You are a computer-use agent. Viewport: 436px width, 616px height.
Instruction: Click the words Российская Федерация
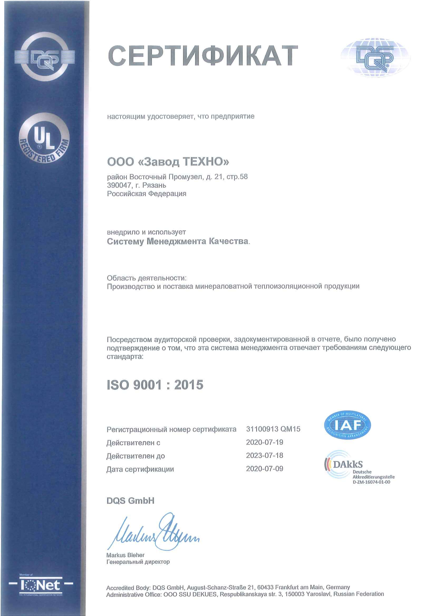tap(147, 194)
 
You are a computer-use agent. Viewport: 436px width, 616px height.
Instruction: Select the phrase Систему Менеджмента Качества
tap(177, 241)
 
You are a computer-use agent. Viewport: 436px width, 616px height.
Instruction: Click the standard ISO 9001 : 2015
tap(155, 385)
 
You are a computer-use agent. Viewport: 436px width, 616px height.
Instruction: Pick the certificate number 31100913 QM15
tap(273, 429)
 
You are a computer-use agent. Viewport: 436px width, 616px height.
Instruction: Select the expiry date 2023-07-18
tap(264, 455)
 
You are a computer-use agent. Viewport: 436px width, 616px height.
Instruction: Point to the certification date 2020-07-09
tap(264, 468)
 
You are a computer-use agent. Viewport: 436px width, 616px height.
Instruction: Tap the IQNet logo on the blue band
tap(41, 586)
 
